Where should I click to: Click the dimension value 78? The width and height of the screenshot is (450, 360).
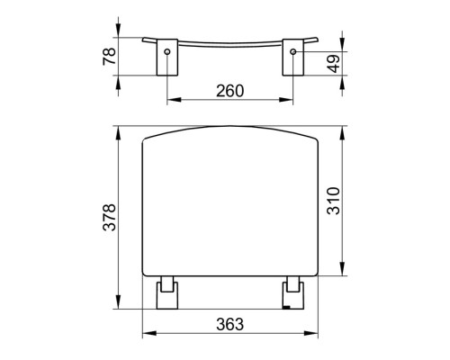(109, 56)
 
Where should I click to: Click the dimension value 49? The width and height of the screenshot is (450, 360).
(334, 64)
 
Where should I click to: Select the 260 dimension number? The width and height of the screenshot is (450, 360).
(230, 91)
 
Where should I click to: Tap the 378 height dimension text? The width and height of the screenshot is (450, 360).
(109, 217)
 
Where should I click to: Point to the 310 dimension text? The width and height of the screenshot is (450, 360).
(334, 201)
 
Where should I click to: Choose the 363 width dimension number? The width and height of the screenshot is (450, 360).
(230, 324)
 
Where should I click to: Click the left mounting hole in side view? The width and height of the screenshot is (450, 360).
(167, 51)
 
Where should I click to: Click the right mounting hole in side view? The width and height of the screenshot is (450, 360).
(293, 51)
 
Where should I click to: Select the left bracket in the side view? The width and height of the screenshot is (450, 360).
(167, 57)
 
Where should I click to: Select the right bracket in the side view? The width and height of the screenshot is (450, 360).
(293, 57)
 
